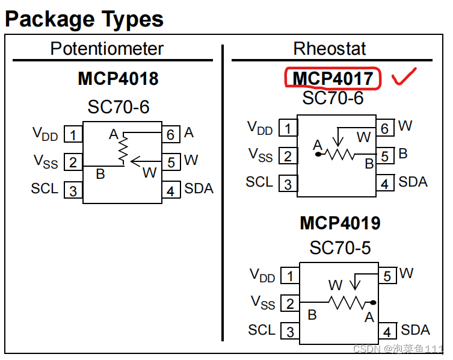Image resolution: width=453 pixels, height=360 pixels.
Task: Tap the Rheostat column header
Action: coord(330,49)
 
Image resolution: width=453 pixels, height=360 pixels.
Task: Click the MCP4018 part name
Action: coord(118,79)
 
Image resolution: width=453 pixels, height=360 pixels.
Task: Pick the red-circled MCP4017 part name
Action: coord(333,78)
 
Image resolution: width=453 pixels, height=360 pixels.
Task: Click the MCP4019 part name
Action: coord(340,223)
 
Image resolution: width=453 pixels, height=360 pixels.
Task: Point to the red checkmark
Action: coord(405,76)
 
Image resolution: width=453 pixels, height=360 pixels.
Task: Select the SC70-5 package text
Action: coord(340,247)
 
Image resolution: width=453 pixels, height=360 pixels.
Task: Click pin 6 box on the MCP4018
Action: coord(170,134)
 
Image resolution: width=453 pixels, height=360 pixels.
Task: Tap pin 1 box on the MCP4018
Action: coord(73,134)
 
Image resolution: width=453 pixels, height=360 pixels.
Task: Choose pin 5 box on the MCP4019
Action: coord(387,276)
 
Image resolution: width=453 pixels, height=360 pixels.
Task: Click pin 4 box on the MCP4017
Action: coord(385,184)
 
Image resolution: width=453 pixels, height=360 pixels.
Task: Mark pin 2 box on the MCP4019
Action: coord(290,303)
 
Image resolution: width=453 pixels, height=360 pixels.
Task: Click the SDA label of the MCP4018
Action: coord(199,189)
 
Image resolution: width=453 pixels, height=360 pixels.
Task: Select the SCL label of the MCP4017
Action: coord(260,182)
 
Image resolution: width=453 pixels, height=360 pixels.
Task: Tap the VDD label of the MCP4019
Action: coord(262,275)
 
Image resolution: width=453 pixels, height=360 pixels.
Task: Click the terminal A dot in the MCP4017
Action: coord(318,155)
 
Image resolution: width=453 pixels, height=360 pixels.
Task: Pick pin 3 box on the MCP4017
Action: coord(288,184)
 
